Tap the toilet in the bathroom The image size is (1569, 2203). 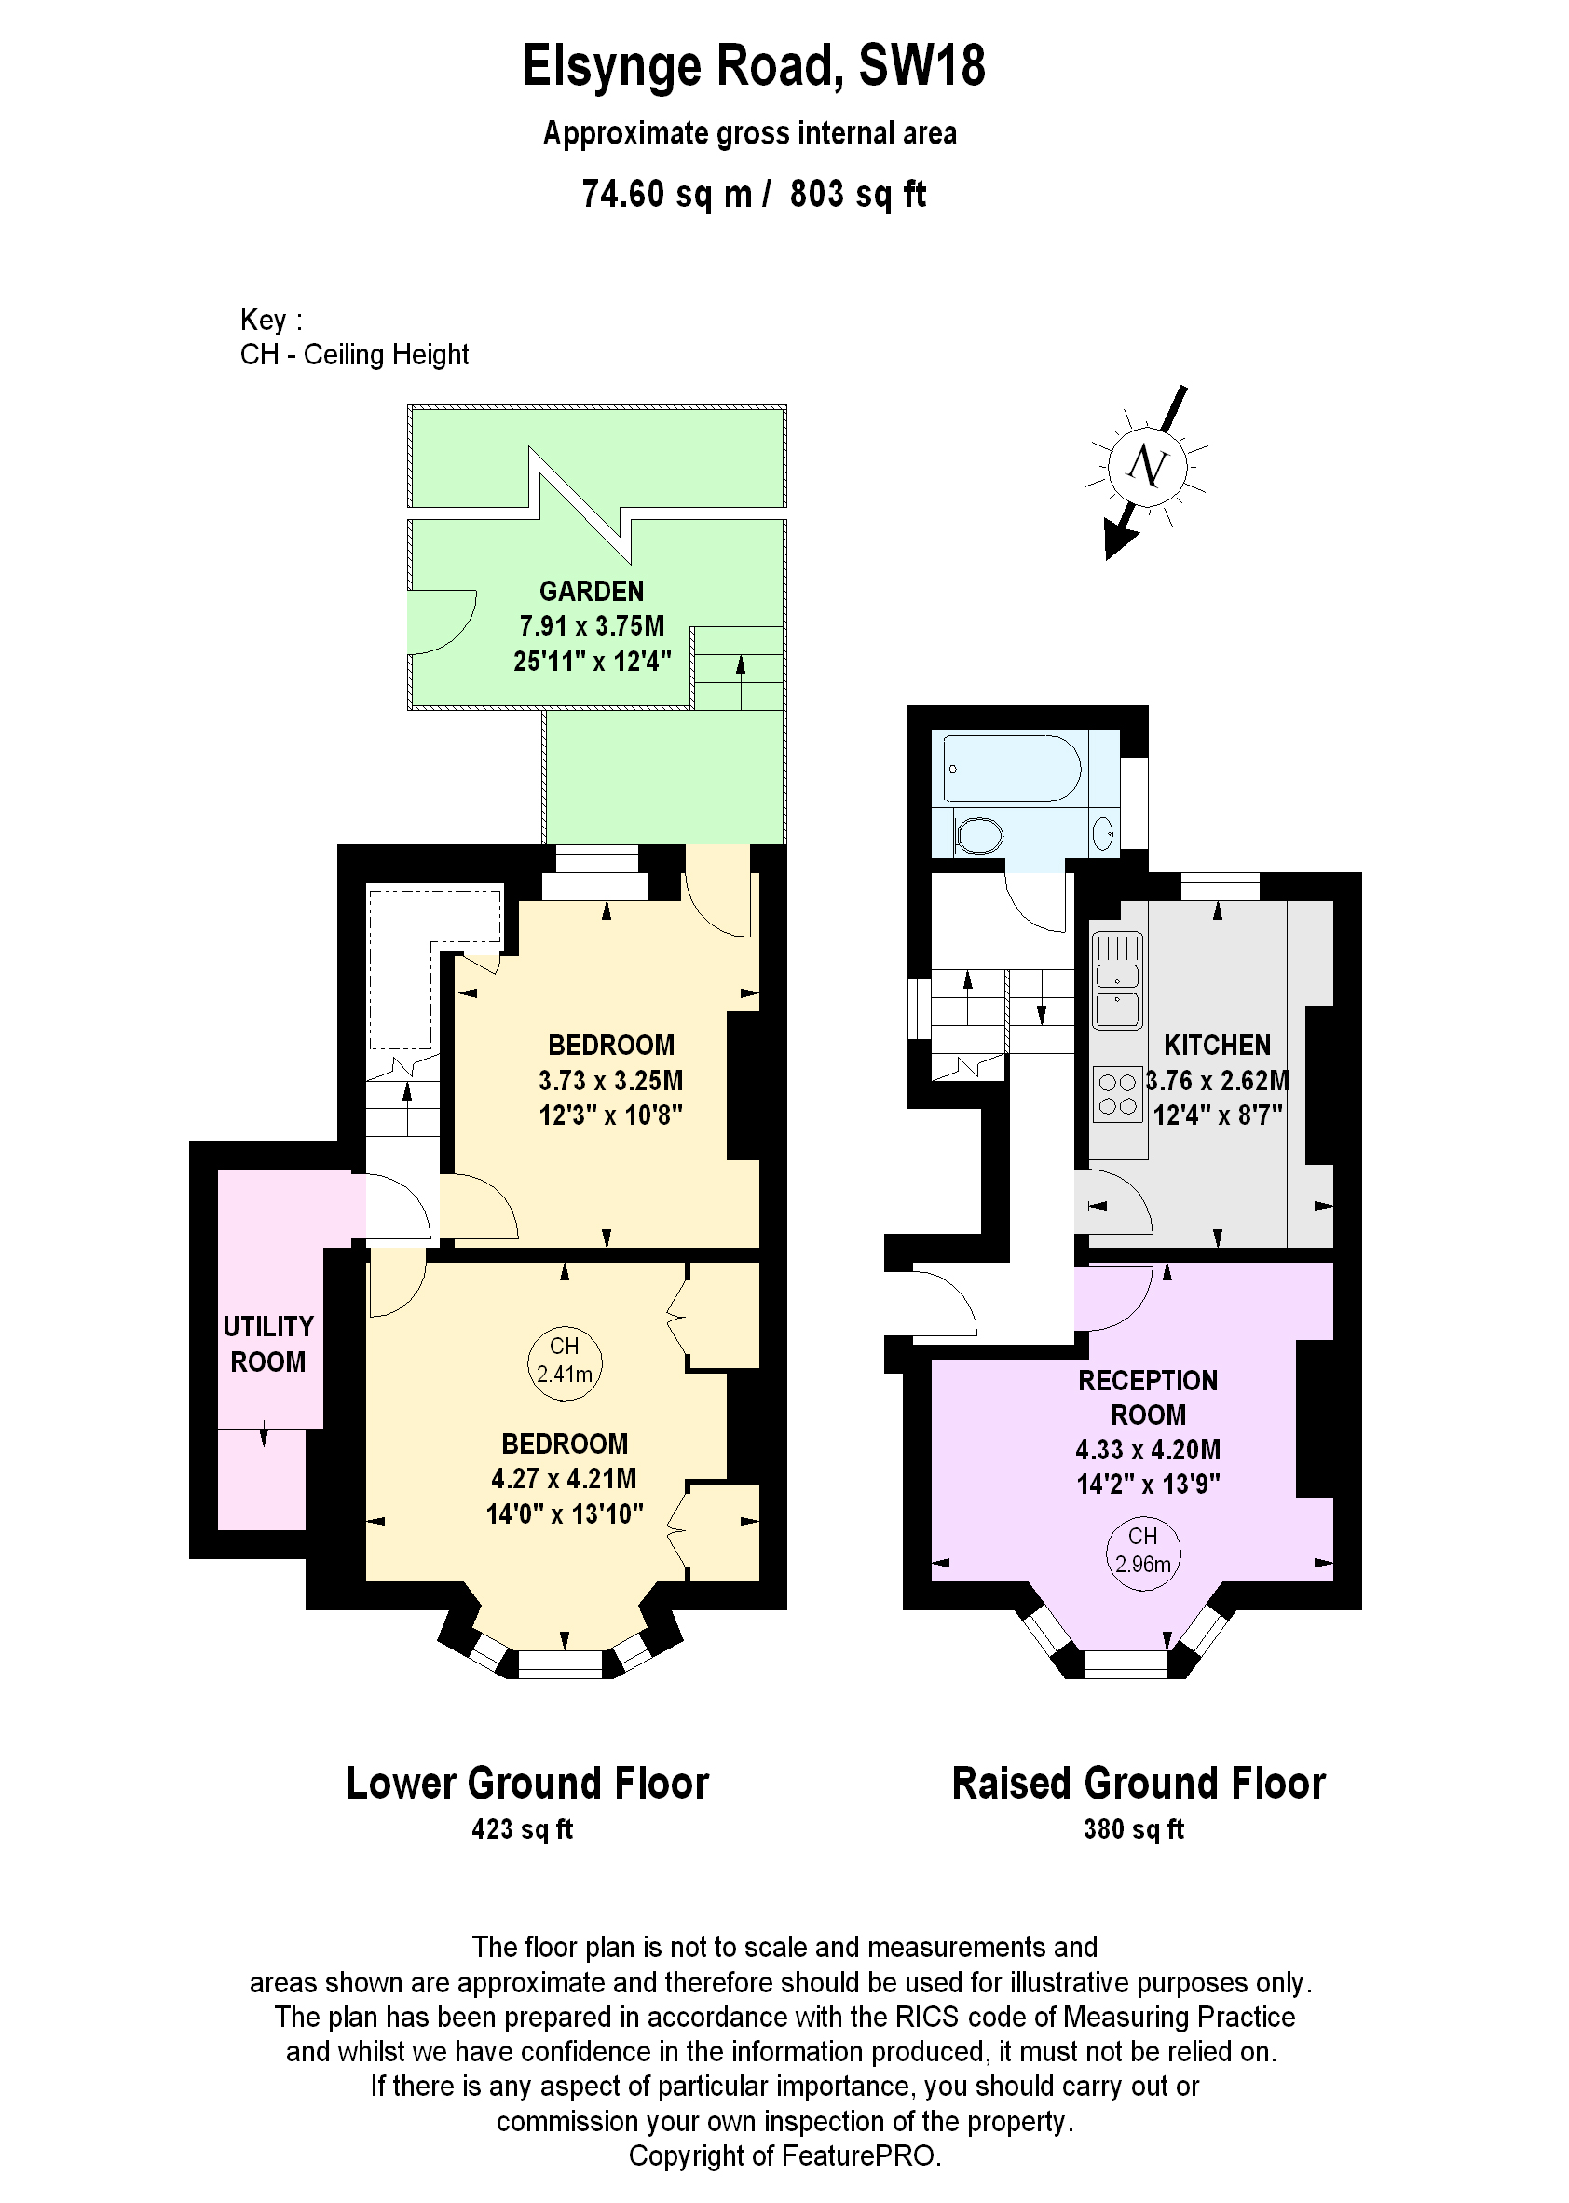tap(978, 835)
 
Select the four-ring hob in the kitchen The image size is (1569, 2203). tap(1117, 1094)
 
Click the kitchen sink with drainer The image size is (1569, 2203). tap(1117, 979)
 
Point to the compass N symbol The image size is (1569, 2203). tap(1147, 466)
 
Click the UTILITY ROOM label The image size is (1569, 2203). tap(267, 1344)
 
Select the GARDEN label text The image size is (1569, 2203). tap(592, 592)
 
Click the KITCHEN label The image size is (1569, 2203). tap(1217, 1046)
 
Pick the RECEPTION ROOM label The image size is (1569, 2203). tap(1147, 1397)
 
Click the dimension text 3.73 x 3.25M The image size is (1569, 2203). tap(610, 1080)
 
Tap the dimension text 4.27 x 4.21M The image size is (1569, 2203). tap(565, 1478)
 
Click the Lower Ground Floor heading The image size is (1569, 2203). tap(527, 1784)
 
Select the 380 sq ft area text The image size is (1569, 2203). tap(1133, 1829)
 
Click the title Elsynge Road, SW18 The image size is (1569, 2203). tap(754, 66)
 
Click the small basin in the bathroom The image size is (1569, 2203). tap(1103, 832)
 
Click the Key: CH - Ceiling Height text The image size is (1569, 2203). tap(354, 337)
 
